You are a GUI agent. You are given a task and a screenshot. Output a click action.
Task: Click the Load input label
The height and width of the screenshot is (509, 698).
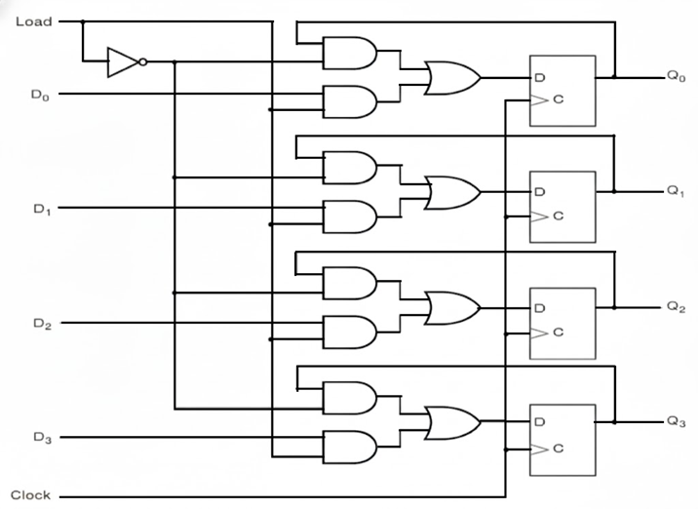(32, 20)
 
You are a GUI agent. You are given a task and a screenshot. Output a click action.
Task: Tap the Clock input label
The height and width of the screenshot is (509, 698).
(30, 495)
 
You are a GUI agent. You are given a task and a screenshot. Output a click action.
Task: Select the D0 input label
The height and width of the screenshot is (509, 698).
(39, 95)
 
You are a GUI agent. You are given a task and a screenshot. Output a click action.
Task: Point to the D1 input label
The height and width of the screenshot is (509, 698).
(39, 209)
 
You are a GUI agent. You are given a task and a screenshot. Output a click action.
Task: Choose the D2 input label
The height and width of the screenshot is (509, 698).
(39, 323)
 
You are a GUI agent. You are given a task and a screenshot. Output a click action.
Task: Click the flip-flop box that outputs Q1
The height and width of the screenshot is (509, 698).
(562, 204)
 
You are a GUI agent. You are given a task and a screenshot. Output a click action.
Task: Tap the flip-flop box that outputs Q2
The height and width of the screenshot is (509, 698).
(562, 320)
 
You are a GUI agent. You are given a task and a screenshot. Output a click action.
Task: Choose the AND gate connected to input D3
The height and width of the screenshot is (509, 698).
(349, 446)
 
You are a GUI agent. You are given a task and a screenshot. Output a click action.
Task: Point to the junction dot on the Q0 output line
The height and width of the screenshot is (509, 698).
(614, 77)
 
